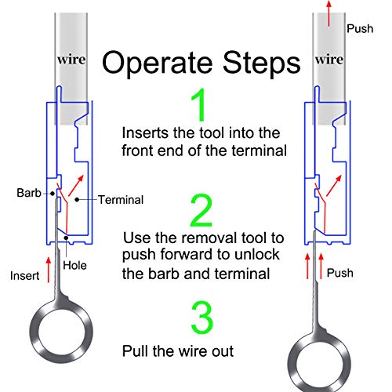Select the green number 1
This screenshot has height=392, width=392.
pyautogui.click(x=201, y=103)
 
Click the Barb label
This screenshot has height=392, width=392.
pyautogui.click(x=30, y=191)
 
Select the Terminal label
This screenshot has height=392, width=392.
pyautogui.click(x=122, y=200)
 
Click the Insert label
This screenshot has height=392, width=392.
pyautogui.click(x=25, y=275)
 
